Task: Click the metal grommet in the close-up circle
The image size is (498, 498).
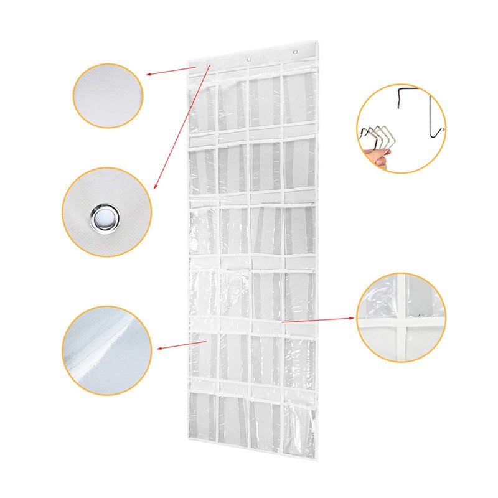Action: coord(105,218)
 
